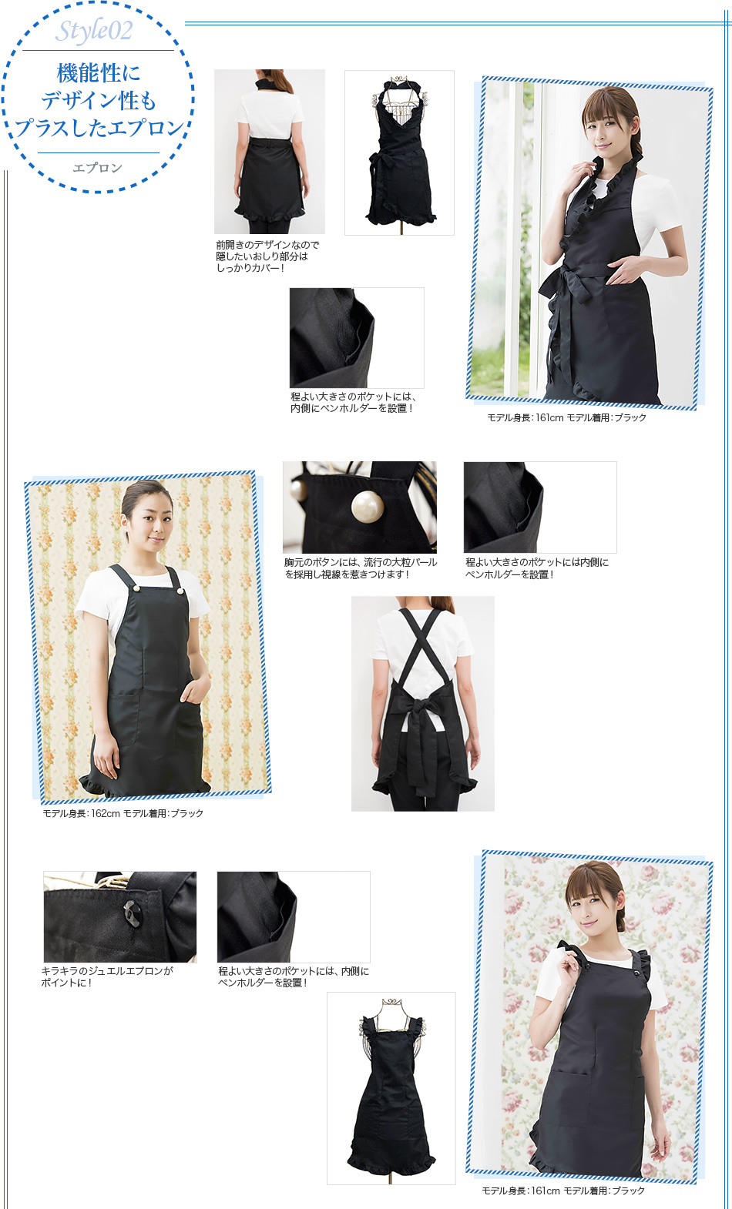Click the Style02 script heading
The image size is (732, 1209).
pyautogui.click(x=94, y=31)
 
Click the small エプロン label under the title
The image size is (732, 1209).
pyautogui.click(x=98, y=169)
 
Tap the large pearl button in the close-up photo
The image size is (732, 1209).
pyautogui.click(x=368, y=506)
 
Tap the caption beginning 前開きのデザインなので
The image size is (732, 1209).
pyautogui.click(x=268, y=256)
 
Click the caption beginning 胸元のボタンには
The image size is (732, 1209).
pyautogui.click(x=361, y=568)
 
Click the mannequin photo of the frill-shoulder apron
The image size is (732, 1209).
pyautogui.click(x=391, y=1090)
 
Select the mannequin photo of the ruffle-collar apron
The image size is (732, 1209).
pyautogui.click(x=399, y=152)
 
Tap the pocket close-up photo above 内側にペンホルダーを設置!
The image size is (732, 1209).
pyautogui.click(x=357, y=338)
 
